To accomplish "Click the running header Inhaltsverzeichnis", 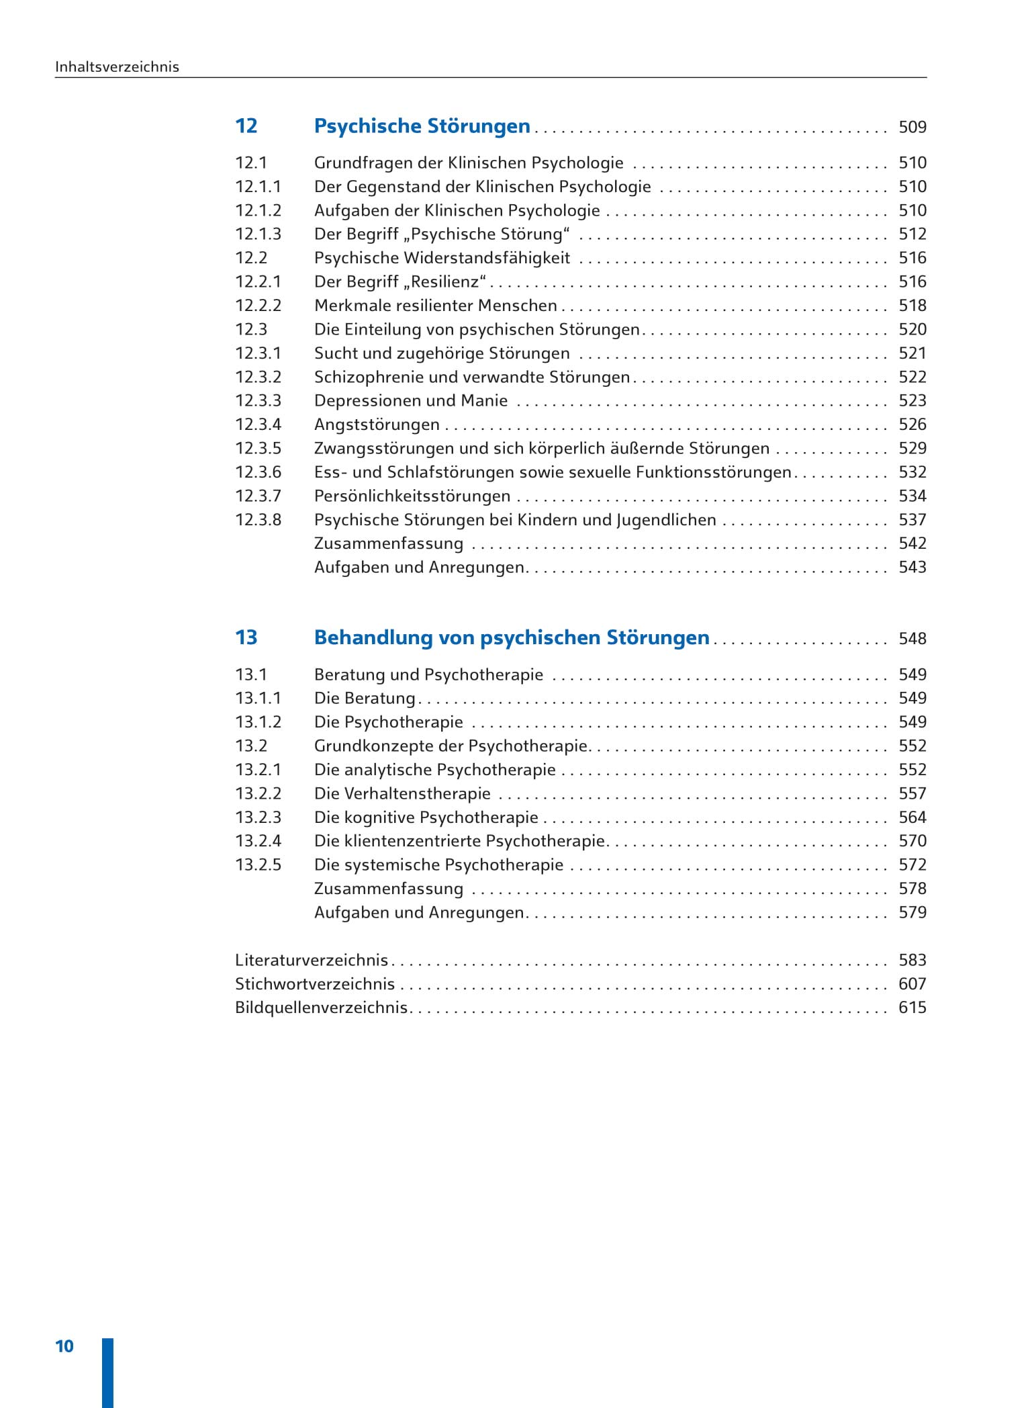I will click(117, 67).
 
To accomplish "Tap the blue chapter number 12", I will click(246, 126).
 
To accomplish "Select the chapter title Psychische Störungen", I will click(422, 126).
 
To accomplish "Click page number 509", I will click(912, 127).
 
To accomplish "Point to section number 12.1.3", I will click(258, 234).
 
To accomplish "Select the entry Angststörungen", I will click(377, 425).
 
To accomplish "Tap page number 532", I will click(912, 472).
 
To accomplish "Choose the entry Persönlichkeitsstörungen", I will click(412, 496).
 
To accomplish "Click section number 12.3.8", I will click(258, 520).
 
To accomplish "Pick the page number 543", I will click(912, 568).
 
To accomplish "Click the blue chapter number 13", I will click(246, 637).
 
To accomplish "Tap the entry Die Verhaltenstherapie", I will click(402, 794).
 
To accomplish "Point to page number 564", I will click(912, 818).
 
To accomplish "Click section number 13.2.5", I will click(258, 865).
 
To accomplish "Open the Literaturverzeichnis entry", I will click(312, 961).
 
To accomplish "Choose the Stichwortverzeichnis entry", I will click(315, 984).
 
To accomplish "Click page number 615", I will click(912, 1008).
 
